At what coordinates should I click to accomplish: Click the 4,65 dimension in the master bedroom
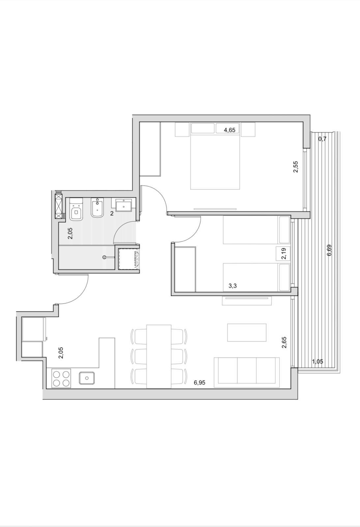coord(229,130)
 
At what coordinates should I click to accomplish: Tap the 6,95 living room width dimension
coord(199,382)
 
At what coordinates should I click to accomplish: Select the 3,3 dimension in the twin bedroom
coord(233,286)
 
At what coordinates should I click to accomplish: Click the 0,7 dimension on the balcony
coord(322,139)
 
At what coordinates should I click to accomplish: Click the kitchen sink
coord(87,378)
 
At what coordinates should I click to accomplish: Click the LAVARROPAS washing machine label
coord(135,259)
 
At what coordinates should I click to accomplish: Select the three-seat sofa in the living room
coord(247,372)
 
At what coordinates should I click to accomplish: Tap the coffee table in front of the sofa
coord(247,332)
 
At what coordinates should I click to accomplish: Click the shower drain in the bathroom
coord(105,257)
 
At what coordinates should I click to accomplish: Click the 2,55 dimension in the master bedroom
coord(296,167)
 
